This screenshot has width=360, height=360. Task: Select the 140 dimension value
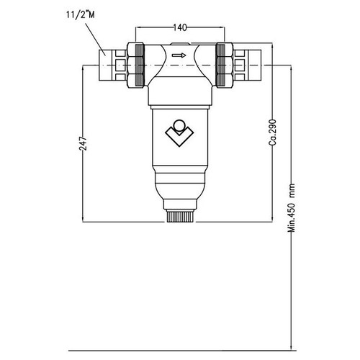[180, 27]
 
